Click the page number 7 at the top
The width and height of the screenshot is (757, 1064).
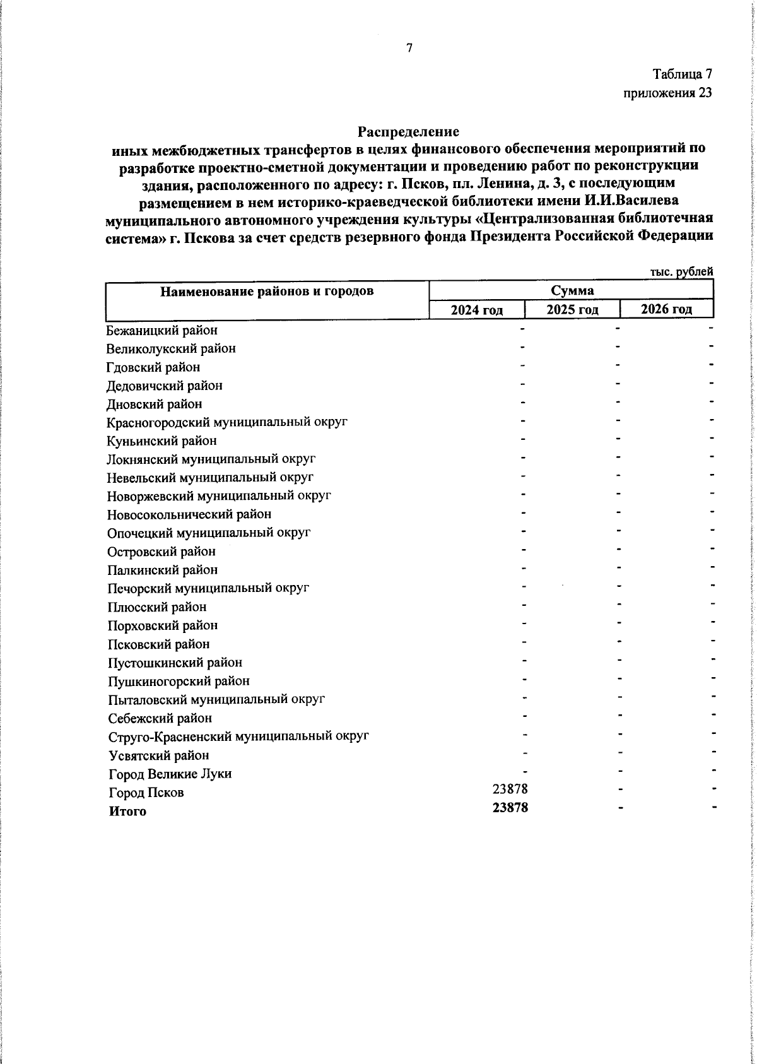[x=409, y=48]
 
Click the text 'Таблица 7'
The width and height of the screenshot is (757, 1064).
[x=682, y=74]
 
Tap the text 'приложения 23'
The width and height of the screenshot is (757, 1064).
[x=667, y=93]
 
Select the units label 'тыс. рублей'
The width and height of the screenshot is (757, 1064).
[x=682, y=271]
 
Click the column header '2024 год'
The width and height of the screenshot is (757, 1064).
[x=476, y=309]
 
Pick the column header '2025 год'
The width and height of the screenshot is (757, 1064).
[x=572, y=309]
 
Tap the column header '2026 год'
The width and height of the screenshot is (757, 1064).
[x=666, y=309]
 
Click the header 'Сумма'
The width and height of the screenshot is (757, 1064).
[x=572, y=291]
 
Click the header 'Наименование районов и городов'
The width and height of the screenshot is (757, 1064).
[x=266, y=291]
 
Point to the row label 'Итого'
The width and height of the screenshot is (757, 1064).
[x=127, y=812]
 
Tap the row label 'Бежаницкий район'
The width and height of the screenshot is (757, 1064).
[x=162, y=330]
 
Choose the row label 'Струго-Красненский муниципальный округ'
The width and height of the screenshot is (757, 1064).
[x=238, y=736]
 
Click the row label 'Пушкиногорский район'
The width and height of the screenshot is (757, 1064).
[x=179, y=681]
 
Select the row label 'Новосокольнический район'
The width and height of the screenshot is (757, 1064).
[x=189, y=515]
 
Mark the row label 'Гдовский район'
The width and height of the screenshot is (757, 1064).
[x=153, y=367]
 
